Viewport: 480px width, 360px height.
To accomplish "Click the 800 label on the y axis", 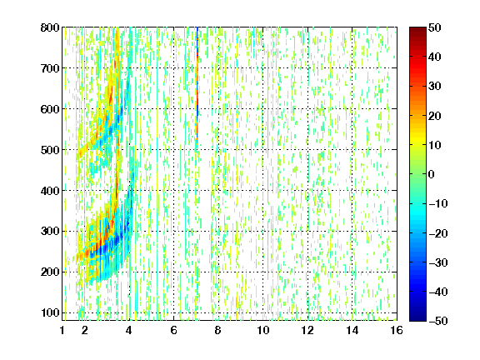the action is pyautogui.click(x=50, y=27).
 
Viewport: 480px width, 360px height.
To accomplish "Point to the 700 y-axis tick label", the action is pyautogui.click(x=50, y=68).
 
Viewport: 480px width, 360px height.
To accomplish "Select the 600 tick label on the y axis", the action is pyautogui.click(x=50, y=109).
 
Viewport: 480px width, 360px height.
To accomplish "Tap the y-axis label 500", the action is pyautogui.click(x=50, y=150).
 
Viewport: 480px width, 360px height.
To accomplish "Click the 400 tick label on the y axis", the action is pyautogui.click(x=50, y=191).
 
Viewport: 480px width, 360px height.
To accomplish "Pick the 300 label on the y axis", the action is pyautogui.click(x=50, y=232).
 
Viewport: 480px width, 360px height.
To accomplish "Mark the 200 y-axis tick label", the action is pyautogui.click(x=50, y=272).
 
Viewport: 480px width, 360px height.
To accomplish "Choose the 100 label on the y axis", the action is pyautogui.click(x=50, y=312).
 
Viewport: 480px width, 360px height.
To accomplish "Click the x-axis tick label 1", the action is pyautogui.click(x=62, y=330).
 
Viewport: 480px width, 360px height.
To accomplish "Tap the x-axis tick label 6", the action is pyautogui.click(x=173, y=330).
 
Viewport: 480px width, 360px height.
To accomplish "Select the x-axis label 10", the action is pyautogui.click(x=263, y=330).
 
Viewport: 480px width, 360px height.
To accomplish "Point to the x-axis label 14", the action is pyautogui.click(x=352, y=330).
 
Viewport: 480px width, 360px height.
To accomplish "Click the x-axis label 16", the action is pyautogui.click(x=397, y=330).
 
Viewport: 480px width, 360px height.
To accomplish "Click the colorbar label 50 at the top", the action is pyautogui.click(x=434, y=27).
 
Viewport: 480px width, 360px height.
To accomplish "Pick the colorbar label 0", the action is pyautogui.click(x=432, y=174).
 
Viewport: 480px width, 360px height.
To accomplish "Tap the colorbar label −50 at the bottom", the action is pyautogui.click(x=438, y=321).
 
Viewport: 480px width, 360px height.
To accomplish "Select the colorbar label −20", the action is pyautogui.click(x=438, y=233).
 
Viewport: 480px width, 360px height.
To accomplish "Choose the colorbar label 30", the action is pyautogui.click(x=434, y=86).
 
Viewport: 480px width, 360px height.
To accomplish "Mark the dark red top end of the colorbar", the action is pyautogui.click(x=417, y=31).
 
